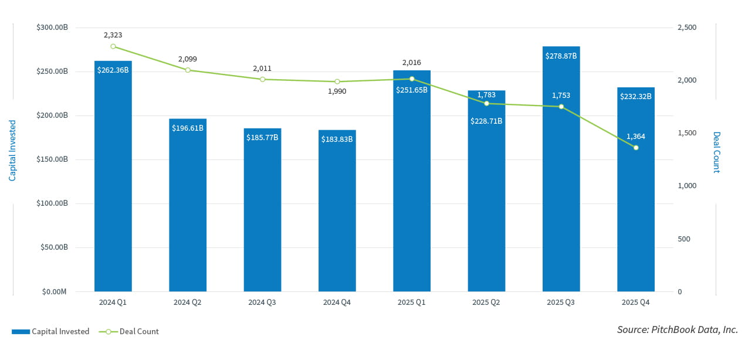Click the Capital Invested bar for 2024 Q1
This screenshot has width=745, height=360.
113,176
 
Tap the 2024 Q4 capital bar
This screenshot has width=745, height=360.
337,211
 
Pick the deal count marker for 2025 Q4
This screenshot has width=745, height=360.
636,148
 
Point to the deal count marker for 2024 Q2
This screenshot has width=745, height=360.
188,70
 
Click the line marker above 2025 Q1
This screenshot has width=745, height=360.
412,79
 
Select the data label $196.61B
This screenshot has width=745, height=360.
188,128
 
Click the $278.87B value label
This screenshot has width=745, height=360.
561,56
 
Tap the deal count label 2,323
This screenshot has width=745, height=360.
113,35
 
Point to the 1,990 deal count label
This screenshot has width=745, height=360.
337,91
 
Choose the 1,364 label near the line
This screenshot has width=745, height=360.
636,137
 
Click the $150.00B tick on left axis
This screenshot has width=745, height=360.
52,159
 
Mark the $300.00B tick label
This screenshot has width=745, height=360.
52,28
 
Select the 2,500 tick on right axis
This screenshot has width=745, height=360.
687,28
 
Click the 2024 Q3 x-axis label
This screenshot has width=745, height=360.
262,303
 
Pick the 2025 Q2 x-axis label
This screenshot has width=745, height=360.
486,303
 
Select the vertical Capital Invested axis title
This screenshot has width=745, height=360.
12,150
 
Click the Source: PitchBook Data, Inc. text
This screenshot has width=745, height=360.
677,330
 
